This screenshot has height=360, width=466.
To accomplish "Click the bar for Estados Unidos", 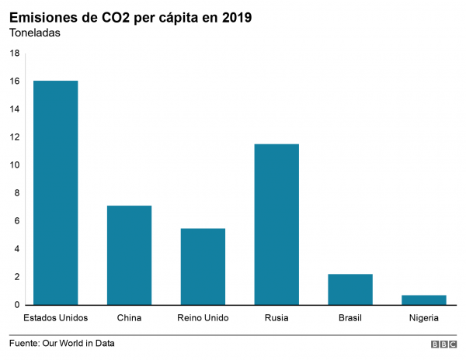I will coord(55,192).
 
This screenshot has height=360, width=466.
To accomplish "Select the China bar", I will coord(129,255).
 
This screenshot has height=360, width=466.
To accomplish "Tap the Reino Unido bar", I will coord(203,266).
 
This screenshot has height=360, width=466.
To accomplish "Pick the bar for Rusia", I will coord(276,224).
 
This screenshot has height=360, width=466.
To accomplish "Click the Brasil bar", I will coord(350,289).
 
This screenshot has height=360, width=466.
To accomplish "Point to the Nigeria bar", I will coord(424,299).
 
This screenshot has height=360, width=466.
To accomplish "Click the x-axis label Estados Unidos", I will coord(55,318).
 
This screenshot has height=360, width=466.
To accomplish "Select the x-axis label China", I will coord(129,318).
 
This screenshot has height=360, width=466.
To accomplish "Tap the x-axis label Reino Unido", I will coord(203,318).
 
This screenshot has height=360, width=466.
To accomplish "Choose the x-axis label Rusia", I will coord(276,318).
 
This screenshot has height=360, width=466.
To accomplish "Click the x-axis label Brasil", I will coord(350,318).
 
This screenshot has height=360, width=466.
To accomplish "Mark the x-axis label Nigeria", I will coord(424,318).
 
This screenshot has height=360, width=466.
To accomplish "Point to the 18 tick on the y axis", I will coord(15,54).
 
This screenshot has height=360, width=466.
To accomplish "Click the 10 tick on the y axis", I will coord(15,165).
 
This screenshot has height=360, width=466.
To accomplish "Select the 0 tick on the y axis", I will coord(17,305).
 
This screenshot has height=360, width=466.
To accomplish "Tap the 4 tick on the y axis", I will coord(17,249).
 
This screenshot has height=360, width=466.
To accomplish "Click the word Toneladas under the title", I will coord(34,33).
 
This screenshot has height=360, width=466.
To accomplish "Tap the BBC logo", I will coord(443,344).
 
